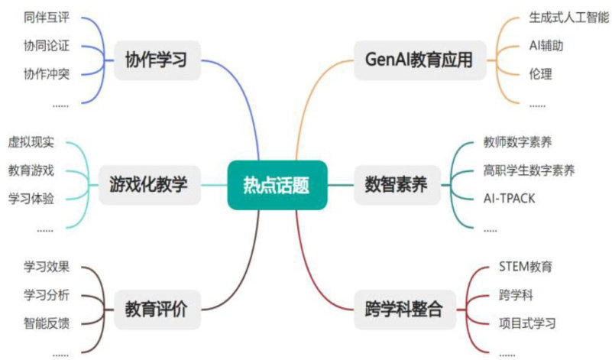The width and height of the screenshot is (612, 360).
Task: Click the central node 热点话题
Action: point(277,184)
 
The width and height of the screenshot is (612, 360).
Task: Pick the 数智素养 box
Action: point(397,184)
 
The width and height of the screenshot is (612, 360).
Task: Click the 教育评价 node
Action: point(157,310)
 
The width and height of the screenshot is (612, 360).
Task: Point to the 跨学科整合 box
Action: point(403,310)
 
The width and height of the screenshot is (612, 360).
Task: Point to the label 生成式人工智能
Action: point(566,17)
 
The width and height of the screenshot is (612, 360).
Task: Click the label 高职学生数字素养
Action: point(529,170)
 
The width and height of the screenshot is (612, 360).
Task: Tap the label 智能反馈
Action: point(47,323)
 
